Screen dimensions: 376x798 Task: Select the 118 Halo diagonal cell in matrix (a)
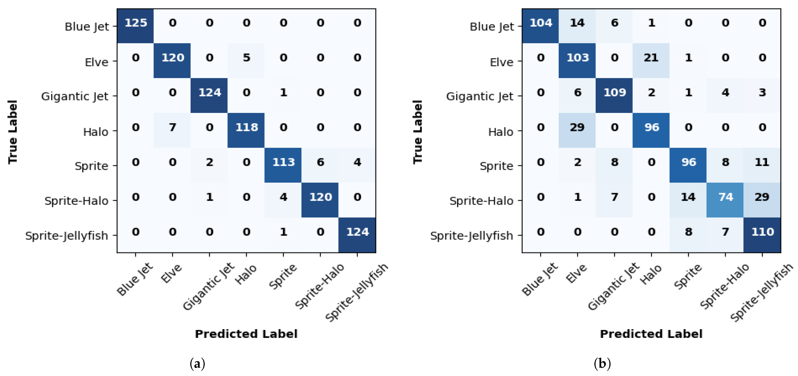[x=246, y=127]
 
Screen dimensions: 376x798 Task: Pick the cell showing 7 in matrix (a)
[x=172, y=127]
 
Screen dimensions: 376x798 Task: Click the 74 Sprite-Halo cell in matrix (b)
[x=725, y=197]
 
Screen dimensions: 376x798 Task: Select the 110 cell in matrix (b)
[x=762, y=232]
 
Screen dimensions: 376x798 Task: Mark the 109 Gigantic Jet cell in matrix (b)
[x=614, y=93]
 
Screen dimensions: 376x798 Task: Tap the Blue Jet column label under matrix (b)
[x=539, y=279]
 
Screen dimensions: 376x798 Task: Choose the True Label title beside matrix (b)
[x=418, y=132]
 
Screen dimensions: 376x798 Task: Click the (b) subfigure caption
[x=602, y=363]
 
